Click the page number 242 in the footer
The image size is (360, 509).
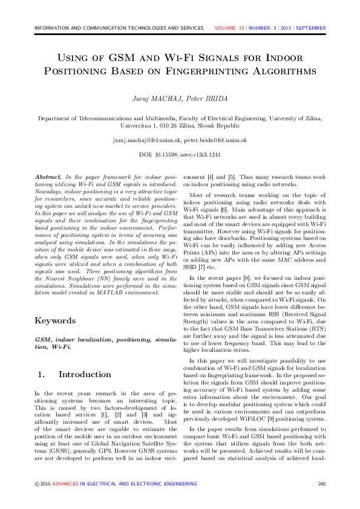coord(321,484)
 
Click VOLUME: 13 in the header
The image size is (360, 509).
coord(229,28)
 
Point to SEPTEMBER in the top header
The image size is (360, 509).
coord(311,28)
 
